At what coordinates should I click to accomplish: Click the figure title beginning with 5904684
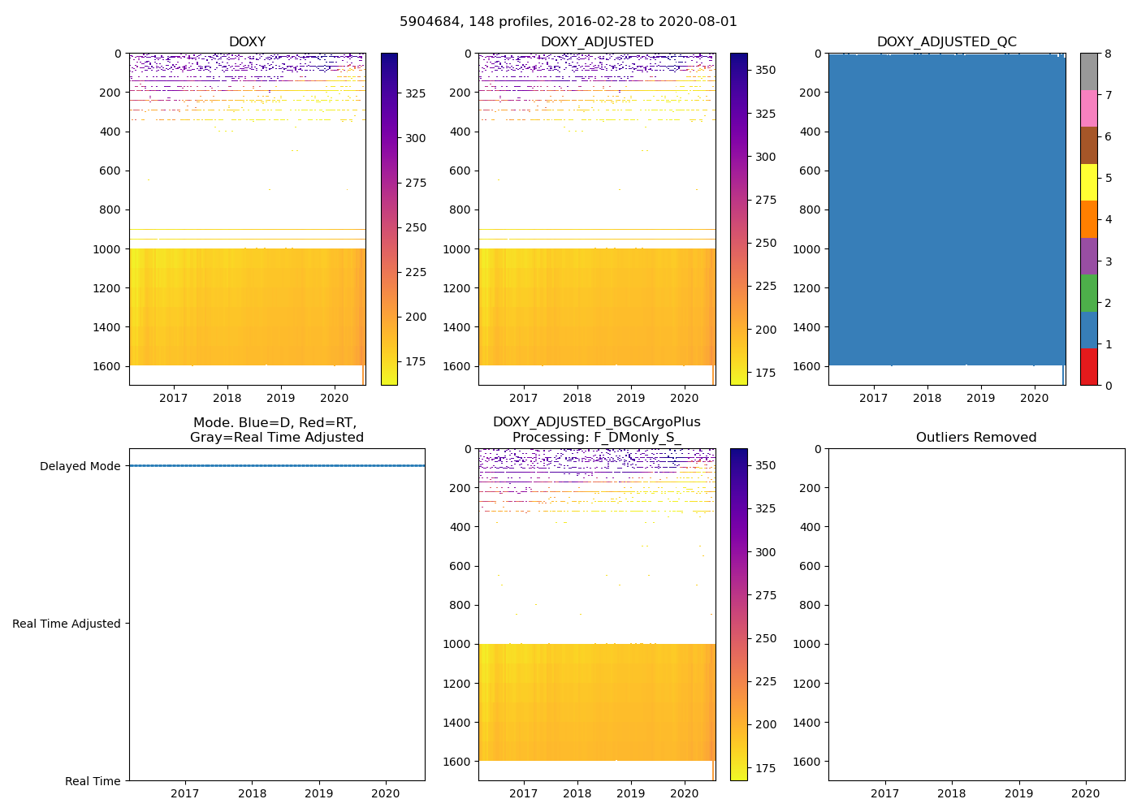click(x=568, y=22)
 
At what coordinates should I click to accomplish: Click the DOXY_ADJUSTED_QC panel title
click(x=946, y=42)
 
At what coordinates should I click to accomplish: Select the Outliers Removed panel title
click(x=976, y=438)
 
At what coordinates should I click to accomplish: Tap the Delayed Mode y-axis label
click(x=80, y=466)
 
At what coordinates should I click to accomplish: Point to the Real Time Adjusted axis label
click(x=67, y=624)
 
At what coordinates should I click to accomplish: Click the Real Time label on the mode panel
click(x=93, y=781)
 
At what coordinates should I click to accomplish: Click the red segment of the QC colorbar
click(x=1088, y=367)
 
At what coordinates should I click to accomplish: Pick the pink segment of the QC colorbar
click(x=1088, y=108)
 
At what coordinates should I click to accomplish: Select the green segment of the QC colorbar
click(x=1088, y=293)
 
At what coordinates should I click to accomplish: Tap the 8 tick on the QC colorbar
click(x=1109, y=54)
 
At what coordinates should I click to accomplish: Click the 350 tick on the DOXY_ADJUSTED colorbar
click(x=766, y=70)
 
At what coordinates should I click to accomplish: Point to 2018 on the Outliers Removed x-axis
click(x=952, y=793)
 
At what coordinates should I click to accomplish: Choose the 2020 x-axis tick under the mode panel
click(x=386, y=793)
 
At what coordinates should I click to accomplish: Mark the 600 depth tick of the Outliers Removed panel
click(x=810, y=566)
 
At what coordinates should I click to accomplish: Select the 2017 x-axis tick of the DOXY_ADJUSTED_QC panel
click(x=873, y=398)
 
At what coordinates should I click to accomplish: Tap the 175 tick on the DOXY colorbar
click(x=416, y=361)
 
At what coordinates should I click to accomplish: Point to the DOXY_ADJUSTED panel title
click(x=597, y=42)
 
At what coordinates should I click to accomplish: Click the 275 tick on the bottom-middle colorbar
click(x=766, y=595)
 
